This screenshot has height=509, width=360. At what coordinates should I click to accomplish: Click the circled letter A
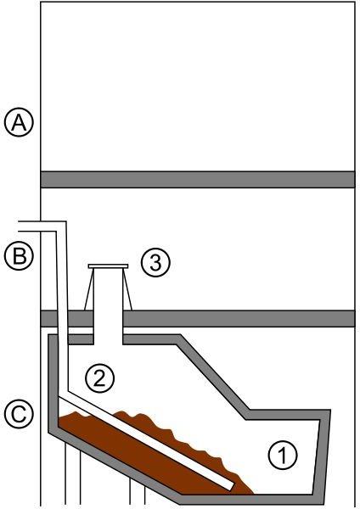click(x=19, y=123)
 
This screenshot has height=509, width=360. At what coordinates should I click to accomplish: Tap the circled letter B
click(x=19, y=255)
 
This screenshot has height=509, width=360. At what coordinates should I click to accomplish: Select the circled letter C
click(x=19, y=414)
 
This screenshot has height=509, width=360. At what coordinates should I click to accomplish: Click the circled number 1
click(x=283, y=455)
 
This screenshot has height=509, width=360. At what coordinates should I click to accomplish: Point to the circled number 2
click(x=99, y=378)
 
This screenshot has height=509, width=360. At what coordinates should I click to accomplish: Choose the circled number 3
click(x=155, y=263)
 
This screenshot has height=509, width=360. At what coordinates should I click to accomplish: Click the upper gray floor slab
click(x=198, y=180)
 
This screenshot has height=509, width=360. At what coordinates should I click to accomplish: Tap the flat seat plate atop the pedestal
click(x=108, y=266)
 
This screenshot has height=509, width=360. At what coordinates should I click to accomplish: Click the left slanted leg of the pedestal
click(x=88, y=289)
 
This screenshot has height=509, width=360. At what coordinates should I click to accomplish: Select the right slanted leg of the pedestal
click(x=127, y=289)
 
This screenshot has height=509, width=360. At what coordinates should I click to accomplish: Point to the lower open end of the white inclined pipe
click(x=230, y=486)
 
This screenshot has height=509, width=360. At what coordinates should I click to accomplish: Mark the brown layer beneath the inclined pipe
click(x=143, y=455)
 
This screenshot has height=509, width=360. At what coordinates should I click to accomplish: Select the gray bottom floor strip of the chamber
click(x=250, y=500)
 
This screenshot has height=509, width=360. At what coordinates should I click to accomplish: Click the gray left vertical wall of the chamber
click(x=53, y=383)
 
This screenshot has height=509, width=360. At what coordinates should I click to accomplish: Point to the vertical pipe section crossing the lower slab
click(x=63, y=319)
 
